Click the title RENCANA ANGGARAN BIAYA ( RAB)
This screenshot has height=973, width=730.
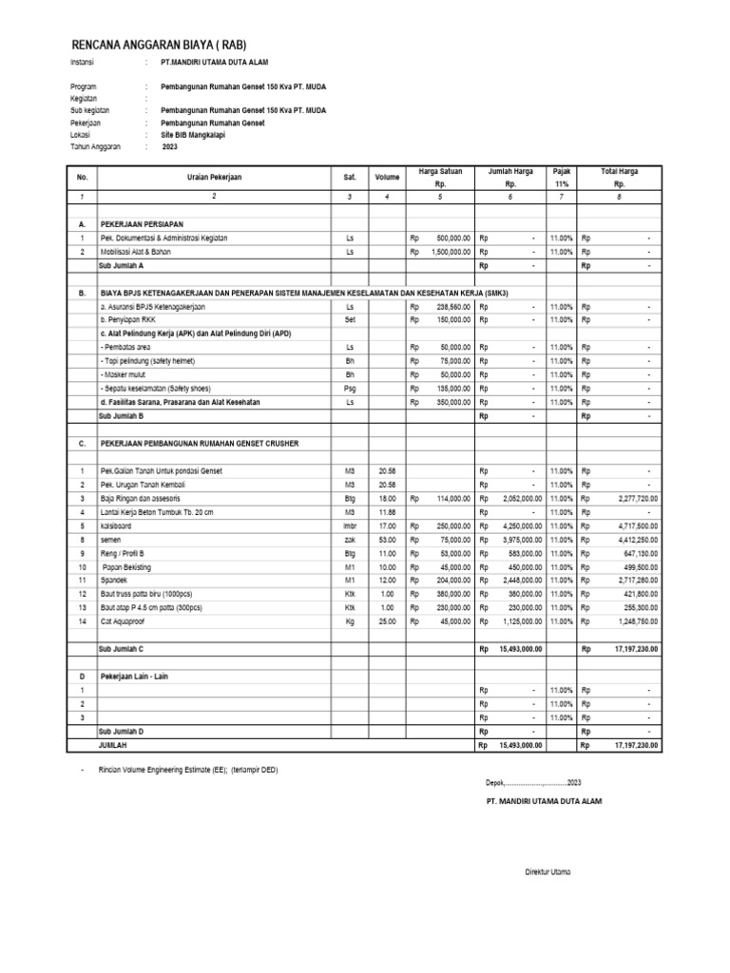coord(160,45)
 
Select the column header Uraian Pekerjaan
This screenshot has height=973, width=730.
coord(215,177)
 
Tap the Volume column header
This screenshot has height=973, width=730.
coord(387,177)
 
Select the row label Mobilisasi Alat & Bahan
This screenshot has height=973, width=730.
coord(138,252)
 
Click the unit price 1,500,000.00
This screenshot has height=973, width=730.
coord(447,252)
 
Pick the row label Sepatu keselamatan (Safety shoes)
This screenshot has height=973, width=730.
coord(156,389)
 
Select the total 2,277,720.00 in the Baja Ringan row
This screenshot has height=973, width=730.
coord(628,498)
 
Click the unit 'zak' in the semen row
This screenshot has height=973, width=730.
coord(349,539)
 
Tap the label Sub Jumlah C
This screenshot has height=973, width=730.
coord(122,649)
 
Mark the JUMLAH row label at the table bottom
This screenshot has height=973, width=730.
coord(113,746)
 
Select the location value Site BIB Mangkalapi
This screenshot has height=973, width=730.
coord(200,135)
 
